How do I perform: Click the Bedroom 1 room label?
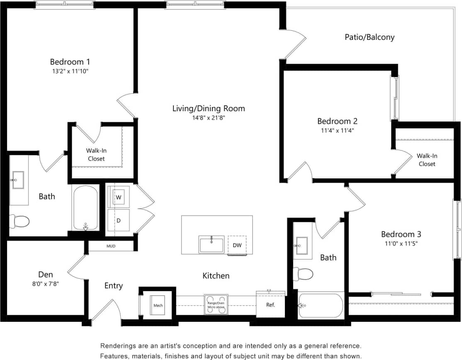pyautogui.click(x=70, y=62)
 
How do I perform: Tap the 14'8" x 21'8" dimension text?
pyautogui.click(x=209, y=118)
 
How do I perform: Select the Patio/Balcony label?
pyautogui.click(x=370, y=37)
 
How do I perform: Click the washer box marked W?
pyautogui.click(x=119, y=197)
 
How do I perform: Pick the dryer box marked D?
pyautogui.click(x=119, y=220)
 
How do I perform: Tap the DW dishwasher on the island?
pyautogui.click(x=237, y=245)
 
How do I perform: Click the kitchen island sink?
pyautogui.click(x=212, y=245)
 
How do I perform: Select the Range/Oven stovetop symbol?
pyautogui.click(x=216, y=305)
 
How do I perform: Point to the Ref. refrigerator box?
pyautogui.click(x=270, y=304)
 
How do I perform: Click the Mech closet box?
pyautogui.click(x=158, y=306)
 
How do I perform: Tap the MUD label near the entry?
pyautogui.click(x=111, y=246)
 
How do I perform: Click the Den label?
pyautogui.click(x=45, y=275)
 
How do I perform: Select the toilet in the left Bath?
pyautogui.click(x=19, y=221)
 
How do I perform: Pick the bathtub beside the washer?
pyautogui.click(x=85, y=208)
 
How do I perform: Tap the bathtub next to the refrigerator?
pyautogui.click(x=321, y=306)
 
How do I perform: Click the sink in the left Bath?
pyautogui.click(x=18, y=180)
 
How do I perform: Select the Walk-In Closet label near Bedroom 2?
pyautogui.click(x=427, y=160)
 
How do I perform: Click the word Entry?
pyautogui.click(x=113, y=286)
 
